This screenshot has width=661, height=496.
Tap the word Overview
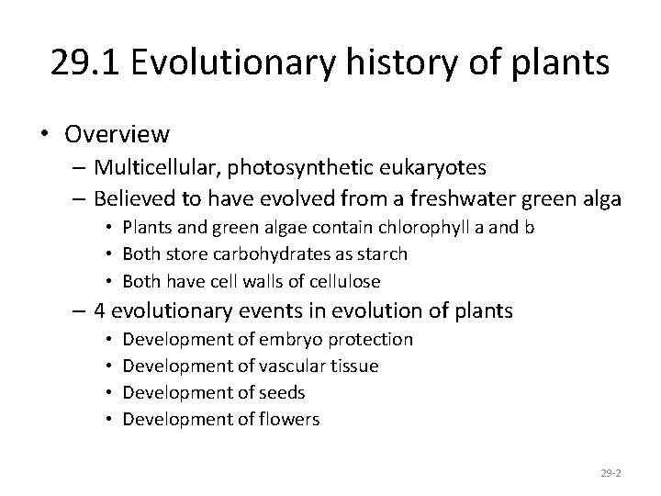[x=117, y=134]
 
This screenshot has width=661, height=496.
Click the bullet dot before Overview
[x=46, y=135]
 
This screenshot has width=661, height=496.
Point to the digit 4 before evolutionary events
[x=102, y=311]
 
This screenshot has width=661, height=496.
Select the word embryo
[x=288, y=340]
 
